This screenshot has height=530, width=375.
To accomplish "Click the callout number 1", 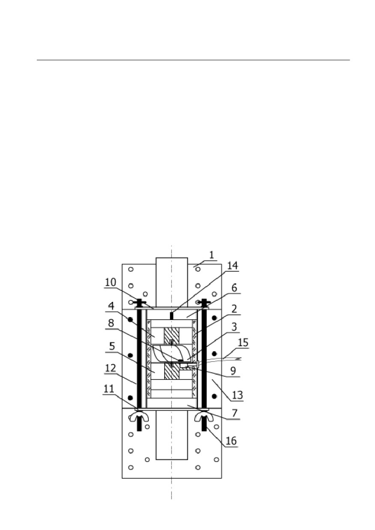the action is (211, 255).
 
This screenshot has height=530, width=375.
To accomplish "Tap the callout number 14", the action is (232, 266).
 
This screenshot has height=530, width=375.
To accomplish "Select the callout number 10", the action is (110, 282).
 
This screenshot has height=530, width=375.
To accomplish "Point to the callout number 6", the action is (234, 288).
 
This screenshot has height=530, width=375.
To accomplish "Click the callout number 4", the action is (111, 306).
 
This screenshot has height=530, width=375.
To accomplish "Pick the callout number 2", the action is (234, 309).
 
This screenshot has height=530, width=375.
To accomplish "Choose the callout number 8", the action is (111, 323).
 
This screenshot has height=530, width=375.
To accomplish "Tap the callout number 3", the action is (234, 327).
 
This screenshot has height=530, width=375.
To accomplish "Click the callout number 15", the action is (243, 342).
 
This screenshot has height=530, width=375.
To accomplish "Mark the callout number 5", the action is (112, 346).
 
